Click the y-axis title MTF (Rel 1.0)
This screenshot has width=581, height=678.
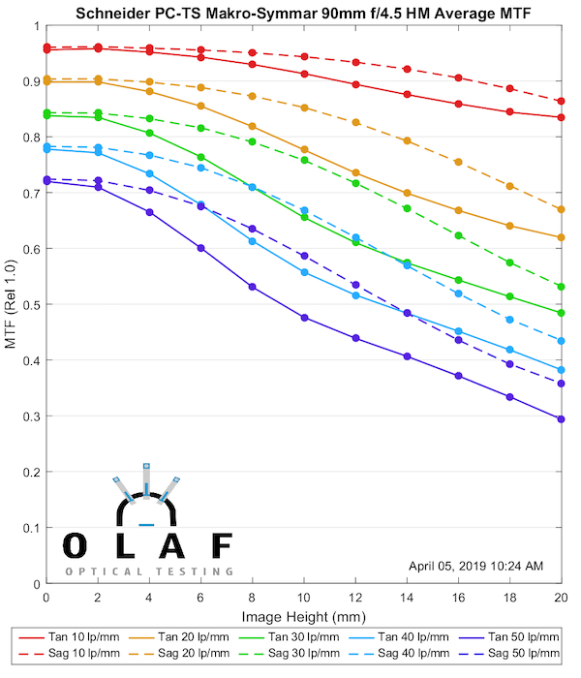(x=12, y=304)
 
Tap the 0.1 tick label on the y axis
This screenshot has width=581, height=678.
(x=29, y=529)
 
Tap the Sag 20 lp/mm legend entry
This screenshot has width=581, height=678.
(x=192, y=655)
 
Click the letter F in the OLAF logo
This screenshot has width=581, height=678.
(x=221, y=545)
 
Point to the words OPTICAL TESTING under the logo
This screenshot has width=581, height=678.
(x=149, y=571)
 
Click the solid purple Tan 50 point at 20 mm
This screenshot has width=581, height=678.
(x=561, y=419)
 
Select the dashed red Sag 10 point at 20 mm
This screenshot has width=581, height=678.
(x=561, y=101)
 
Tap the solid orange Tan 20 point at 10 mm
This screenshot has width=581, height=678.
(x=304, y=150)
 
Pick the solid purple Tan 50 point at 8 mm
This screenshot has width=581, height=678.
(x=252, y=287)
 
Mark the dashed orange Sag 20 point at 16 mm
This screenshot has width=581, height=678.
(x=458, y=162)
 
